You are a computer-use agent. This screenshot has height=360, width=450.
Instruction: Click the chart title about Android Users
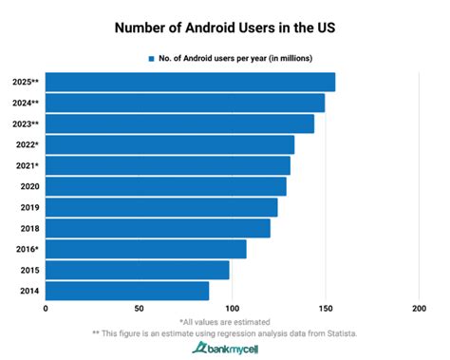coord(225,27)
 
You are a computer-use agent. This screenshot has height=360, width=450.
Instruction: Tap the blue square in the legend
coord(150,58)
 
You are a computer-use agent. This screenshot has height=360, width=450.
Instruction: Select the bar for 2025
coord(190,83)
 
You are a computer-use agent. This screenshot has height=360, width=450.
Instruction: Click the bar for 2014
coord(127,291)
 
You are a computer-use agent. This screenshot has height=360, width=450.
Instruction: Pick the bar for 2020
coord(165,186)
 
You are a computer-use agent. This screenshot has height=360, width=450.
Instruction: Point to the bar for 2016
coord(145,249)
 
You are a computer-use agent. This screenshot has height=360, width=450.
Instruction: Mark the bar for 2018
coord(158,228)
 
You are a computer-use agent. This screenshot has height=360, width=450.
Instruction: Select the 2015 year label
coord(28,270)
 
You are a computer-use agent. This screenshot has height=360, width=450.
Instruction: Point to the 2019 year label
coord(28,207)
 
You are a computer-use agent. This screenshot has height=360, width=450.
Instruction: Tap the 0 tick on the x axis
coord(46,309)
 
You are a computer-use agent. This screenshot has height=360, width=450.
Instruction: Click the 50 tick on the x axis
coord(139,309)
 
